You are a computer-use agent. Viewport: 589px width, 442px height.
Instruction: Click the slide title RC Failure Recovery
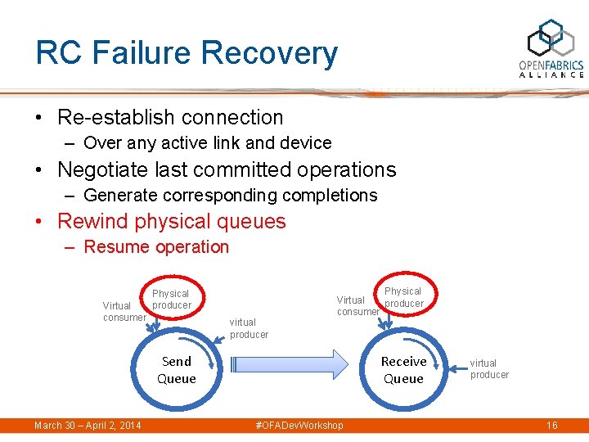pyautogui.click(x=187, y=53)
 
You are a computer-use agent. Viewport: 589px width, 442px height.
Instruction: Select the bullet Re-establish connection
pyautogui.click(x=170, y=117)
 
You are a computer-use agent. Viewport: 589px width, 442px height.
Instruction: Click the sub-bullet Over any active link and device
pyautogui.click(x=207, y=143)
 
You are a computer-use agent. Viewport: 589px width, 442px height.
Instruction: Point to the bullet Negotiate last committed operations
pyautogui.click(x=226, y=169)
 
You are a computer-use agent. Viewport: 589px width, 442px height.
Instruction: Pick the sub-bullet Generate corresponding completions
pyautogui.click(x=230, y=195)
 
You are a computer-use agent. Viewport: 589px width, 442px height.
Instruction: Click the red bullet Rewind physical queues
pyautogui.click(x=171, y=221)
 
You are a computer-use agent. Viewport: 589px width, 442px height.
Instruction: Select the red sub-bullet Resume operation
pyautogui.click(x=155, y=246)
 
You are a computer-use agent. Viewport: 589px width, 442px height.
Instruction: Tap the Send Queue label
pyautogui.click(x=177, y=370)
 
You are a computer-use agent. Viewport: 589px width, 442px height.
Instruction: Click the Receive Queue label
pyautogui.click(x=403, y=370)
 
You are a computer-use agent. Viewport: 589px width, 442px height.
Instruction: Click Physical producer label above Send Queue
pyautogui.click(x=171, y=300)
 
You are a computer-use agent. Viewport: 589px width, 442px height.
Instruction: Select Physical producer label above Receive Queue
pyautogui.click(x=403, y=297)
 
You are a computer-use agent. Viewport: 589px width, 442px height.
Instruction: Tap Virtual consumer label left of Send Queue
pyautogui.click(x=124, y=312)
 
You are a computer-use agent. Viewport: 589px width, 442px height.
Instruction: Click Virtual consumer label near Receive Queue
pyautogui.click(x=357, y=306)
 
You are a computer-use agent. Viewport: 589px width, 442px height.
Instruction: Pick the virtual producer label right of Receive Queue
pyautogui.click(x=488, y=369)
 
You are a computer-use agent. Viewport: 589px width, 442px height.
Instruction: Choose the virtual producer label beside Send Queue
pyautogui.click(x=249, y=328)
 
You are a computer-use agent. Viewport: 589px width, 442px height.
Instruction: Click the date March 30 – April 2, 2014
pyautogui.click(x=88, y=426)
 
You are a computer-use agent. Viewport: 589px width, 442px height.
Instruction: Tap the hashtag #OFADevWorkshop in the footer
pyautogui.click(x=299, y=426)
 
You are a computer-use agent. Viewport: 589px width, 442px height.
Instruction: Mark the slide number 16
pyautogui.click(x=551, y=426)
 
